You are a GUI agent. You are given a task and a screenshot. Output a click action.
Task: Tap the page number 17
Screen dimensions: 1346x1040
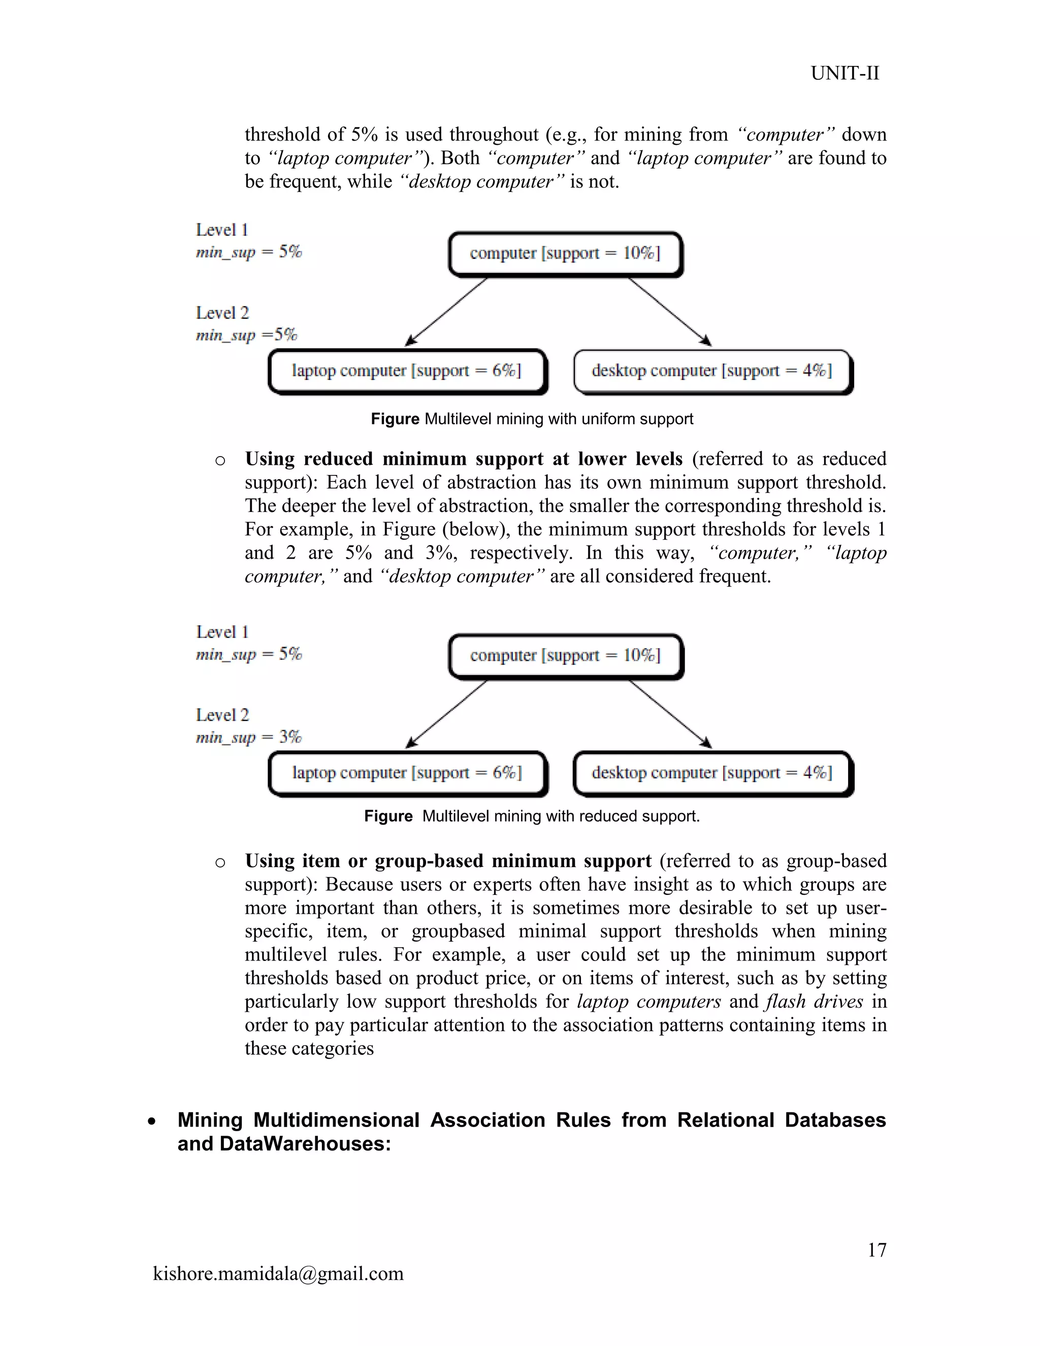[x=876, y=1250]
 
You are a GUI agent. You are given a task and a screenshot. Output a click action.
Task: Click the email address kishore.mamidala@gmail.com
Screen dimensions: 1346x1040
[x=278, y=1273]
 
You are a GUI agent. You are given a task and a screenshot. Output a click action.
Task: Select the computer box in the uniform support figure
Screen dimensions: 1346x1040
[x=565, y=253]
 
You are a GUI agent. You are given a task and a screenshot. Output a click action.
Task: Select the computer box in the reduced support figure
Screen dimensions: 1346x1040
[x=565, y=656]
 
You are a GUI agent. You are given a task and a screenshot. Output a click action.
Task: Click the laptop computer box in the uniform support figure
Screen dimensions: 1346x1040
[x=407, y=371]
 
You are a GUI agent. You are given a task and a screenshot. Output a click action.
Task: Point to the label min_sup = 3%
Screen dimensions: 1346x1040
[x=248, y=737]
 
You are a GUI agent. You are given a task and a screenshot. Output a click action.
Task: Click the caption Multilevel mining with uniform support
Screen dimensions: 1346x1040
[x=532, y=419]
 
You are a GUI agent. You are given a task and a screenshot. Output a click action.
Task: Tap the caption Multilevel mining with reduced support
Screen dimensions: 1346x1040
[x=532, y=816]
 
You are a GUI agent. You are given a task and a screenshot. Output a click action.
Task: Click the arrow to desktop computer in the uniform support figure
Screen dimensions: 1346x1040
[x=670, y=311]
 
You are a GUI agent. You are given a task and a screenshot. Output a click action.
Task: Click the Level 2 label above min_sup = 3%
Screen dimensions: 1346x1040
[x=222, y=715]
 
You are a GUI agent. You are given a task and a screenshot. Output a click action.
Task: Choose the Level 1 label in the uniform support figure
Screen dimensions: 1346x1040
[x=222, y=230]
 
